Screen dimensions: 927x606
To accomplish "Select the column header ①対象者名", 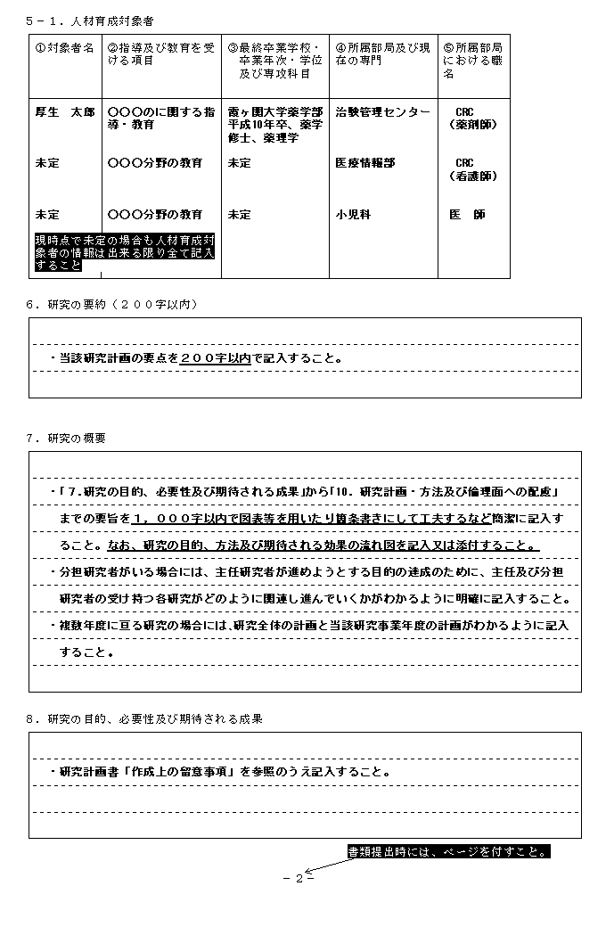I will (64, 48).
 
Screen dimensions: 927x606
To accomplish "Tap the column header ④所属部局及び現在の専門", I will (382, 53).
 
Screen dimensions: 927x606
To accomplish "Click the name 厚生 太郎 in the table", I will (64, 113).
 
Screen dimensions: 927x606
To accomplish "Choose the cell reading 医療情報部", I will (364, 164).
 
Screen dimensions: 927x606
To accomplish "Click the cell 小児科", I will (352, 215).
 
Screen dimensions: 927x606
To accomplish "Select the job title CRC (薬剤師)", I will (473, 119).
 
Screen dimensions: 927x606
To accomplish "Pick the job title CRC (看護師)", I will (473, 170).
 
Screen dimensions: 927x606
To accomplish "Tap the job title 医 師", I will (468, 215).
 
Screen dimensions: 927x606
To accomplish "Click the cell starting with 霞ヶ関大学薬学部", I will (274, 126).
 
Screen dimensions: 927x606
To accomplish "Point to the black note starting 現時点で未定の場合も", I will (124, 252).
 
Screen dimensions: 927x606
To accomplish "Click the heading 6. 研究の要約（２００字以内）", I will (111, 305).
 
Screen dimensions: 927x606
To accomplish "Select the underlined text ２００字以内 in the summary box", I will (215, 358).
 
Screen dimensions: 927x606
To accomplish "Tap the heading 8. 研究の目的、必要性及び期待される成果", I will (144, 718).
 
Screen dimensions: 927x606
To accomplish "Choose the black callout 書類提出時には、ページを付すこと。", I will (448, 851).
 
